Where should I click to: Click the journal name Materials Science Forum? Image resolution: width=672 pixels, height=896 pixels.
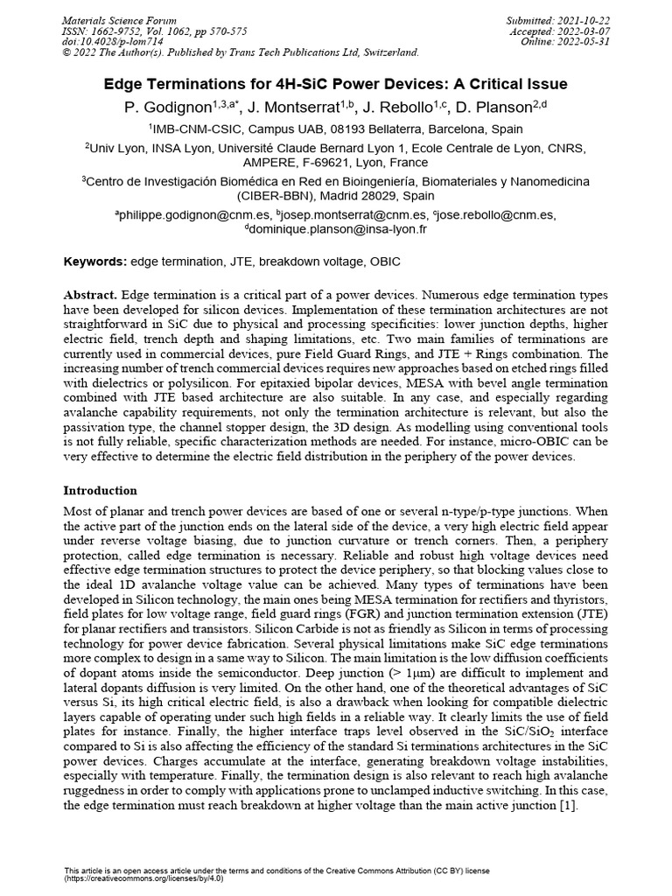point(121,20)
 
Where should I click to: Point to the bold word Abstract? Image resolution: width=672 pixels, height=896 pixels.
point(91,295)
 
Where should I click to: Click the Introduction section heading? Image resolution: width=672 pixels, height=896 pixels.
point(101,490)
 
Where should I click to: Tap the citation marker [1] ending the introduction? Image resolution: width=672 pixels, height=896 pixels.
point(568,806)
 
